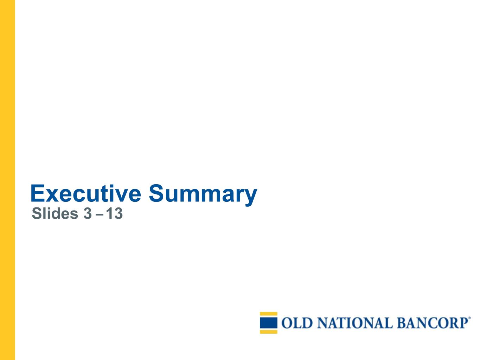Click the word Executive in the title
click(86, 193)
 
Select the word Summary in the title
click(203, 195)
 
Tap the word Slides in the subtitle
click(55, 213)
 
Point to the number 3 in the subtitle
click(88, 213)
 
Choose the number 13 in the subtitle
click(114, 213)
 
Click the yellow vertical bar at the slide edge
click(7, 180)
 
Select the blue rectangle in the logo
click(269, 323)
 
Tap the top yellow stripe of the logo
click(269, 314)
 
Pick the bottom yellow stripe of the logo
click(269, 332)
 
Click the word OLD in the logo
click(297, 323)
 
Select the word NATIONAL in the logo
click(355, 323)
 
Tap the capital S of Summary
click(156, 193)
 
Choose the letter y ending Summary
click(251, 198)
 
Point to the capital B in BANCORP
click(402, 323)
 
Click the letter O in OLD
click(287, 323)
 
